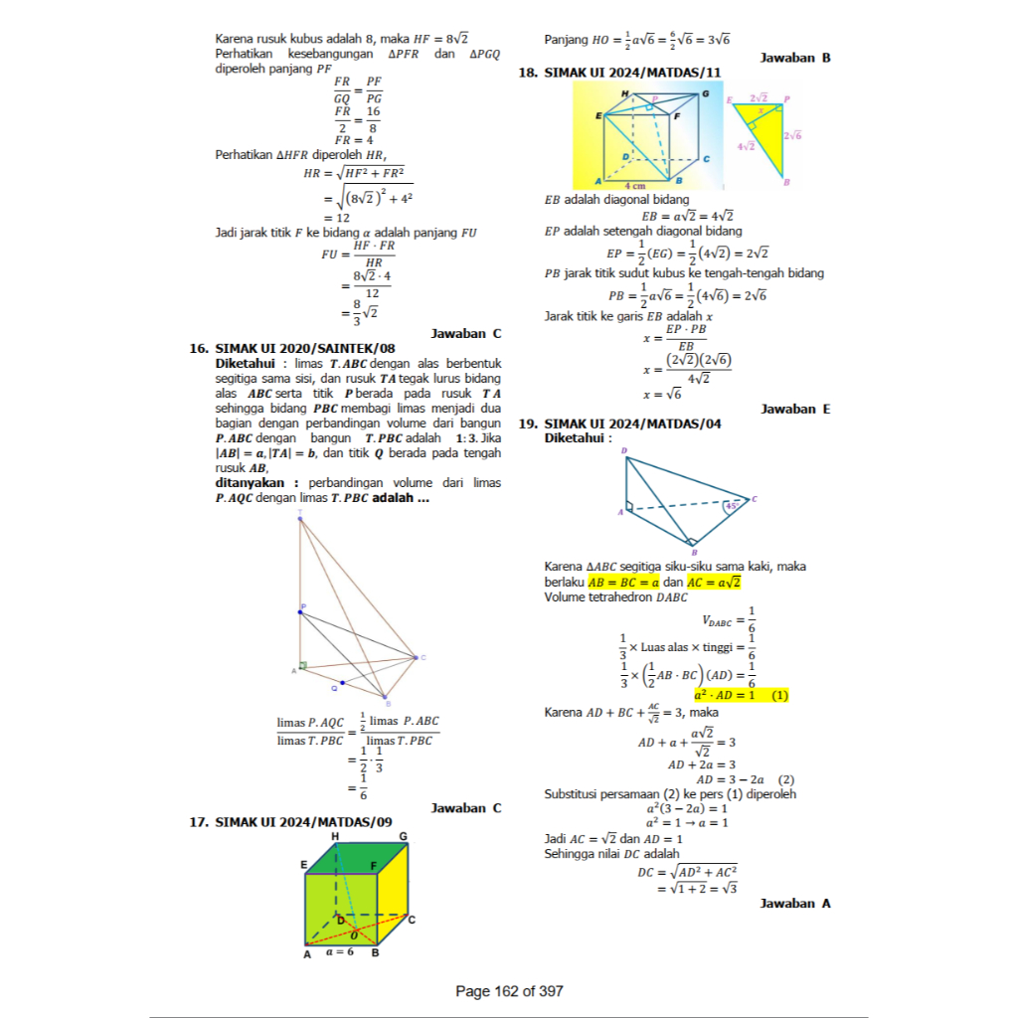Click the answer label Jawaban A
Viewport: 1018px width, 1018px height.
tap(795, 903)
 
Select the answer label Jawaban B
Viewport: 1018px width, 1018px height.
tap(795, 58)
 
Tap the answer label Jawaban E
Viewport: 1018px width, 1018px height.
tap(795, 409)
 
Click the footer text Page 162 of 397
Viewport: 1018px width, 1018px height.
tap(509, 991)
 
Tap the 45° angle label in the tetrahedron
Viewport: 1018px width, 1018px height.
tap(732, 505)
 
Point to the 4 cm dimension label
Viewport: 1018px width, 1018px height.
tap(636, 185)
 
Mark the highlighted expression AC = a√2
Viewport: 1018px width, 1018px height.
tap(709, 583)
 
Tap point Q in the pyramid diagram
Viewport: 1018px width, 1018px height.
tap(342, 683)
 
